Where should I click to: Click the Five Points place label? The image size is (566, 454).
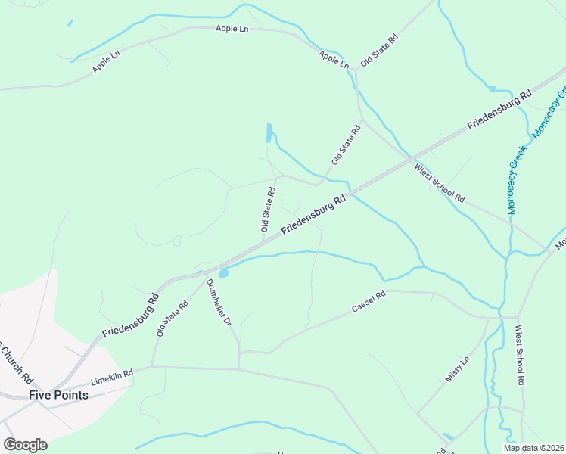(x=58, y=395)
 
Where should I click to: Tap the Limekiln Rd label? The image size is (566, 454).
(x=111, y=373)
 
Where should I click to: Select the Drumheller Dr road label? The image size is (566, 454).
(x=218, y=303)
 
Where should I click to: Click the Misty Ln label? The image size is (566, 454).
(x=458, y=369)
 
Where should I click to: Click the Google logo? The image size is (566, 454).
(x=25, y=445)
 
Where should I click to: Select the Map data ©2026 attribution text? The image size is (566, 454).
(x=533, y=448)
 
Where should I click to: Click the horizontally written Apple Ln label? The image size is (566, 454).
(x=232, y=29)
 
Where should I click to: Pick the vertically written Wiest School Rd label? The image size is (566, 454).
(x=520, y=356)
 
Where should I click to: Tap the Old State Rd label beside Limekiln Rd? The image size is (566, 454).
(x=172, y=319)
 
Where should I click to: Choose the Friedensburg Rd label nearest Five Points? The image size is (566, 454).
(x=130, y=313)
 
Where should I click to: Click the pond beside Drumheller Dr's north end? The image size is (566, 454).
(x=223, y=272)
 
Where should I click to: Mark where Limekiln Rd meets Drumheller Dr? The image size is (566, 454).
(x=239, y=369)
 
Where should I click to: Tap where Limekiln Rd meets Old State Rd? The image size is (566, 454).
(x=152, y=367)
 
